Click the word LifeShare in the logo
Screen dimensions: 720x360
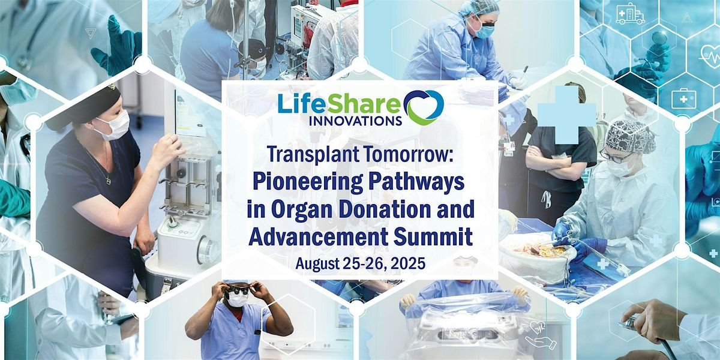(x=340, y=103)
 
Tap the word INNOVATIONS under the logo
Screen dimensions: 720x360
(x=355, y=120)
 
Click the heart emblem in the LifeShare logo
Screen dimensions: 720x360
(x=424, y=107)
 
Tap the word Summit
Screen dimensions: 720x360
(x=433, y=236)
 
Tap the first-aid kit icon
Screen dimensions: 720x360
(x=683, y=98)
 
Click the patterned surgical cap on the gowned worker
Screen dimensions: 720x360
(x=630, y=136)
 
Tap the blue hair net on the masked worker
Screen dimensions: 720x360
(x=479, y=8)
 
